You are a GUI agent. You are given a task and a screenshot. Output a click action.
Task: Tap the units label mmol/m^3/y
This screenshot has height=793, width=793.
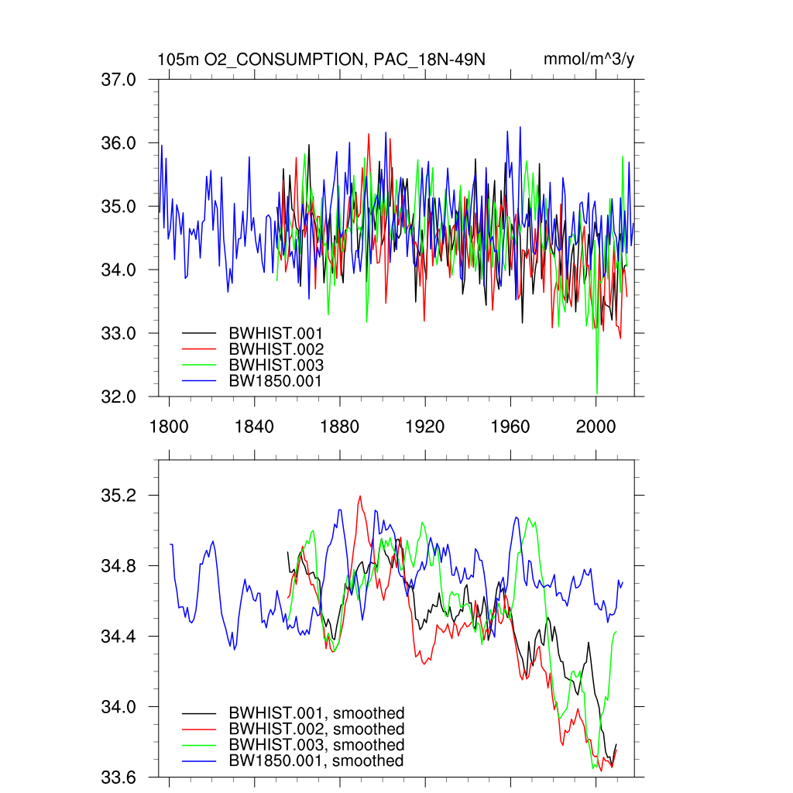tap(589, 60)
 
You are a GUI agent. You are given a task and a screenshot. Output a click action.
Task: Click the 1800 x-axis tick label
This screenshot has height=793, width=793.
tap(169, 426)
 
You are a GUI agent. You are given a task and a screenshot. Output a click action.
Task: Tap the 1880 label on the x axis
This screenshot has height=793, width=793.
tap(339, 426)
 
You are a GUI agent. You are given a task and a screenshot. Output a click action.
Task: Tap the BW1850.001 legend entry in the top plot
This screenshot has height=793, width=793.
tap(276, 381)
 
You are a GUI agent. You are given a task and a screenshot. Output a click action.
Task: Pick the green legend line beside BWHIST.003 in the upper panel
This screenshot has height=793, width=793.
tap(198, 365)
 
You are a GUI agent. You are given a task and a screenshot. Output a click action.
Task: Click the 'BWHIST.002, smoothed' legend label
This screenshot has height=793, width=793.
tap(316, 729)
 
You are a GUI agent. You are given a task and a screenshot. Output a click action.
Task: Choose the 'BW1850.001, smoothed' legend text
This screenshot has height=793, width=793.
tap(316, 761)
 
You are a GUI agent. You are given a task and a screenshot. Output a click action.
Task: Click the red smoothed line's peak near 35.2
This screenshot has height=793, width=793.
tap(360, 496)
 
